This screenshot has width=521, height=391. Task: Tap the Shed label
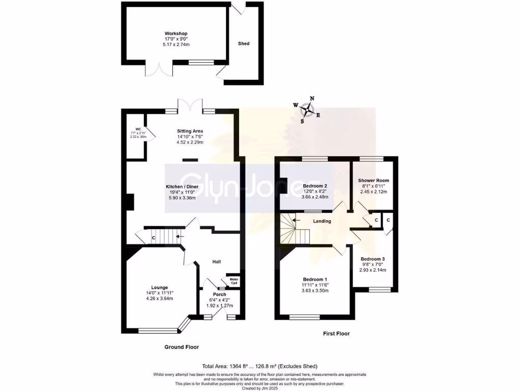tap(244, 44)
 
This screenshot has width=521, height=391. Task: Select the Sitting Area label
tap(190, 131)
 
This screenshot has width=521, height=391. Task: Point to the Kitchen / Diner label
tap(182, 186)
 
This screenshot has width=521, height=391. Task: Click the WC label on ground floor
tap(137, 129)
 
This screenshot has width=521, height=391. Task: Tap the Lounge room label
tap(159, 287)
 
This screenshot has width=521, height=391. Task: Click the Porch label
tap(220, 294)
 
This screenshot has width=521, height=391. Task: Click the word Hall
tap(217, 262)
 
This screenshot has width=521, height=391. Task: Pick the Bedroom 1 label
tap(314, 280)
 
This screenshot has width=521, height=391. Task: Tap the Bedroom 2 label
tap(314, 186)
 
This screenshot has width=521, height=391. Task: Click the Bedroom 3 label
tap(372, 259)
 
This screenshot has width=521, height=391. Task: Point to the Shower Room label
tap(373, 180)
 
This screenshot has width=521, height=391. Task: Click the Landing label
tap(322, 221)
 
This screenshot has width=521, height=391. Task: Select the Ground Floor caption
tap(181, 347)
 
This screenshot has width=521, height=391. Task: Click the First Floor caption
tap(336, 334)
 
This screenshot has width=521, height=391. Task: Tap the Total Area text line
tap(260, 366)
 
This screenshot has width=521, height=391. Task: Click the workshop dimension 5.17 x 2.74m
tap(172, 44)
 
